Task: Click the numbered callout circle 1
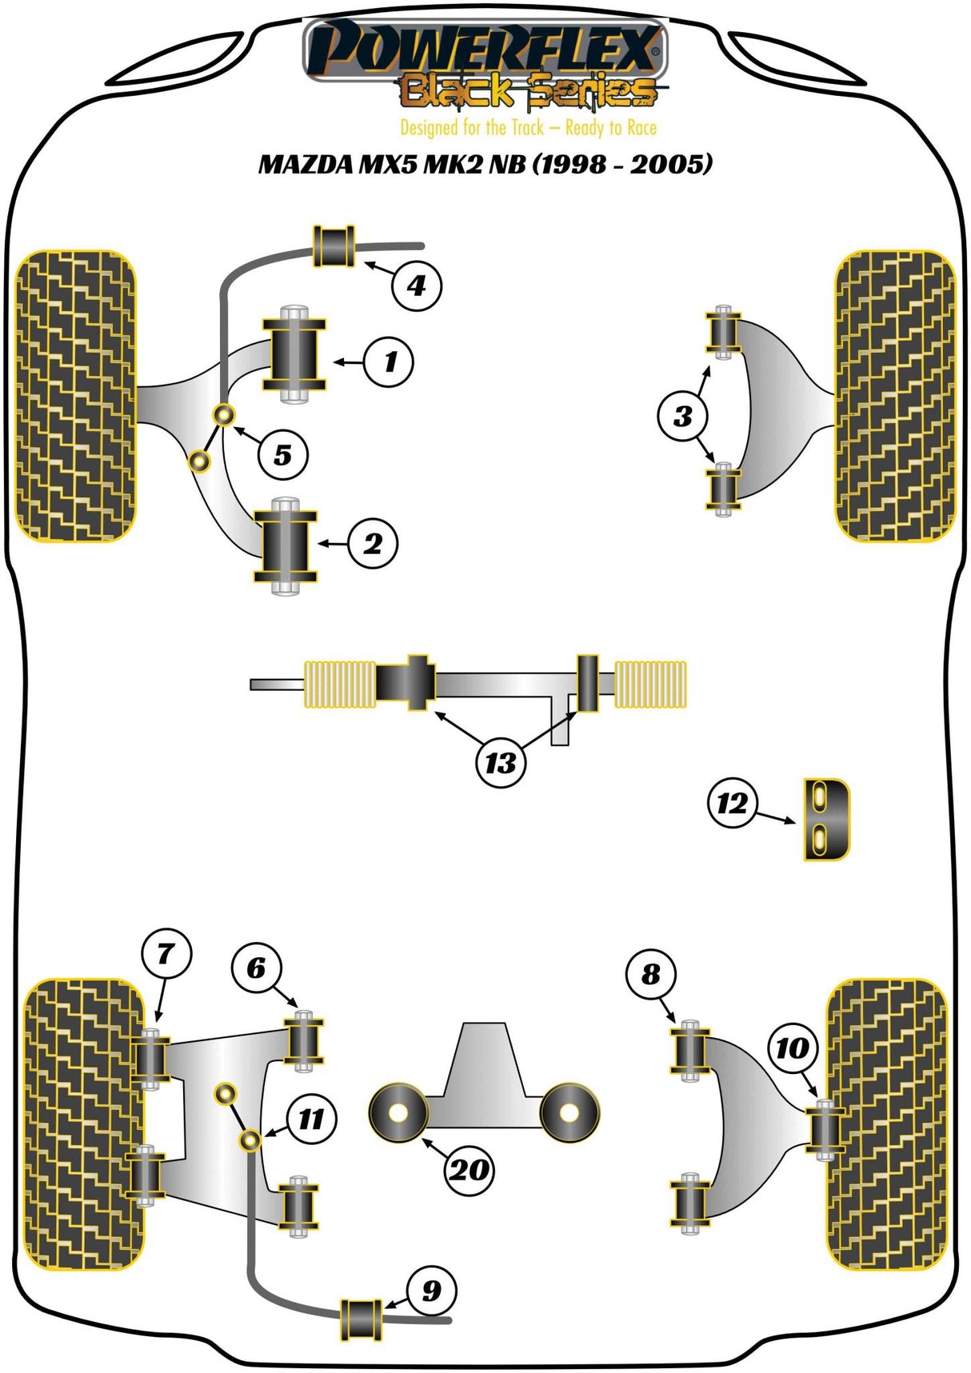click(389, 362)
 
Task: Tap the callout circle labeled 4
click(417, 285)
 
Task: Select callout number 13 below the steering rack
click(501, 762)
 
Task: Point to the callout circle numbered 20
click(469, 1170)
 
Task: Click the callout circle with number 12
click(732, 803)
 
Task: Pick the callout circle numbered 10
click(793, 1048)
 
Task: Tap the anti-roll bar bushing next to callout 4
click(334, 247)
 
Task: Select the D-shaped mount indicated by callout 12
click(827, 819)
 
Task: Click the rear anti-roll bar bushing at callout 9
click(362, 1319)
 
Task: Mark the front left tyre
click(75, 396)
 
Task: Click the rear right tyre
click(886, 1124)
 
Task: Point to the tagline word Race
click(641, 128)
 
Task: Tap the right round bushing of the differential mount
click(569, 1112)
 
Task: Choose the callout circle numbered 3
click(682, 416)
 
